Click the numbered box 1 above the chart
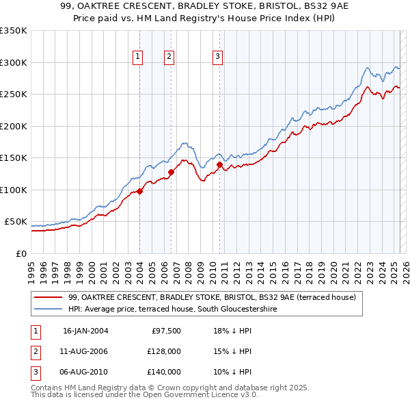(138, 57)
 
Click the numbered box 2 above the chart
(169, 57)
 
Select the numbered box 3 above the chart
(217, 57)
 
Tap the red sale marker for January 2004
(139, 191)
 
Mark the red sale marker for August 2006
(171, 172)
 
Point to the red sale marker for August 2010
(219, 164)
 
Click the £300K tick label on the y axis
(14, 62)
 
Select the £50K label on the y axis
(16, 222)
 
